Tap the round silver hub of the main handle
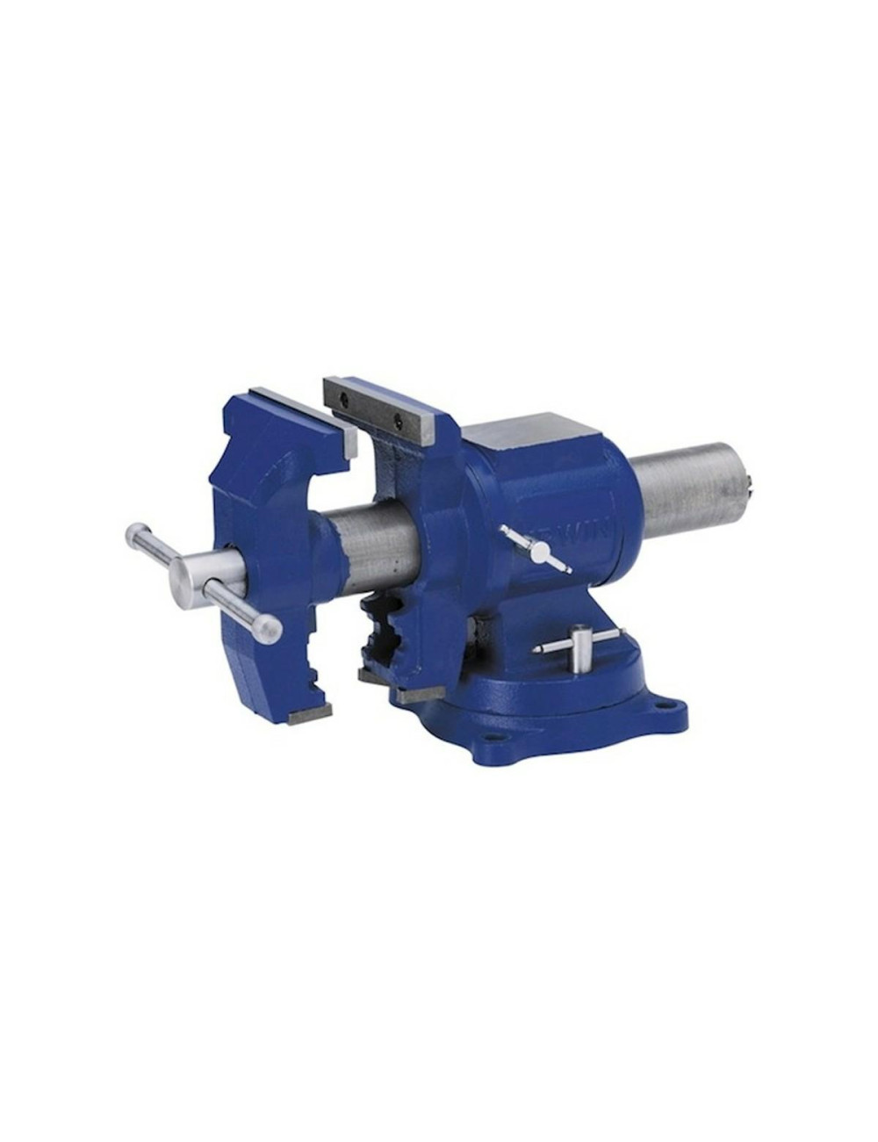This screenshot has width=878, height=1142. click(190, 576)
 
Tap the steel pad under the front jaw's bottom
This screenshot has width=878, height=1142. click(310, 714)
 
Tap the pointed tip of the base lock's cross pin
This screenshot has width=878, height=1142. click(536, 650)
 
